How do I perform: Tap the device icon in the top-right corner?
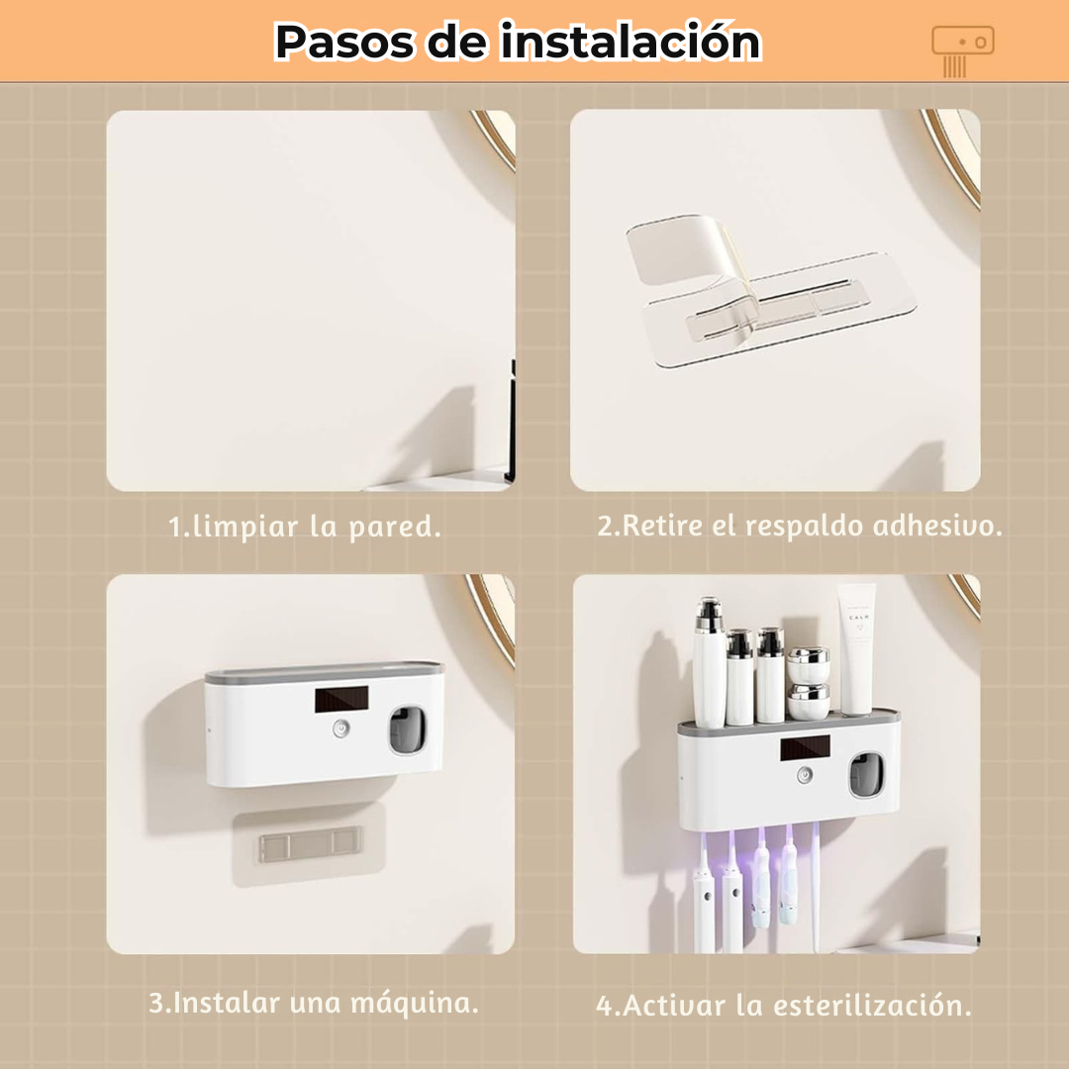(962, 49)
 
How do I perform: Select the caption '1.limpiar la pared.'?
(305, 527)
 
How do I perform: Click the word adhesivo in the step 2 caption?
(937, 526)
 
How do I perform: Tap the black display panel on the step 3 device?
(341, 700)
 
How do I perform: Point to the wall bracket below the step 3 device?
(308, 843)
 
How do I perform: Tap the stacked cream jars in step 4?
(809, 683)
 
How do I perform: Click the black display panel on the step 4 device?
(805, 748)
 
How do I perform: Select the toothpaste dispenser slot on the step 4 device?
(867, 775)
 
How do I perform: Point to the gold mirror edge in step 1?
(495, 139)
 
